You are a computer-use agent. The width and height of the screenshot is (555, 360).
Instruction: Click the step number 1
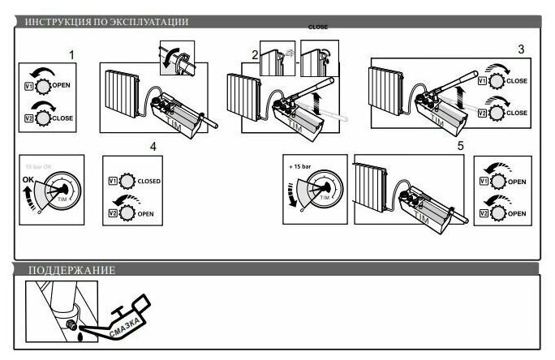pyautogui.click(x=71, y=55)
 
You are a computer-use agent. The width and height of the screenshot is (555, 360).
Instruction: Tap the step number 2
pyautogui.click(x=254, y=55)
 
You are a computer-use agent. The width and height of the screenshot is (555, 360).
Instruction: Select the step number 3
pyautogui.click(x=521, y=49)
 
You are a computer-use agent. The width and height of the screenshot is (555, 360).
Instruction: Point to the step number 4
pyautogui.click(x=153, y=147)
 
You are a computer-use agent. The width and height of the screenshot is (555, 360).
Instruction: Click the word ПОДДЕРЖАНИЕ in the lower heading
pyautogui.click(x=71, y=270)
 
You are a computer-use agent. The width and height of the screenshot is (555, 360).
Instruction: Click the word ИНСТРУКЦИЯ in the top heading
pyautogui.click(x=50, y=22)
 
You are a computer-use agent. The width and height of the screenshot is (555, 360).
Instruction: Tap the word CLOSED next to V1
pyautogui.click(x=150, y=181)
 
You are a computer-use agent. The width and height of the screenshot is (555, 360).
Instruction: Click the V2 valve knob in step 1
pyautogui.click(x=42, y=118)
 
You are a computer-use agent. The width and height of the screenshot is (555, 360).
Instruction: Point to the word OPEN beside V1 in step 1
pyautogui.click(x=62, y=84)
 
